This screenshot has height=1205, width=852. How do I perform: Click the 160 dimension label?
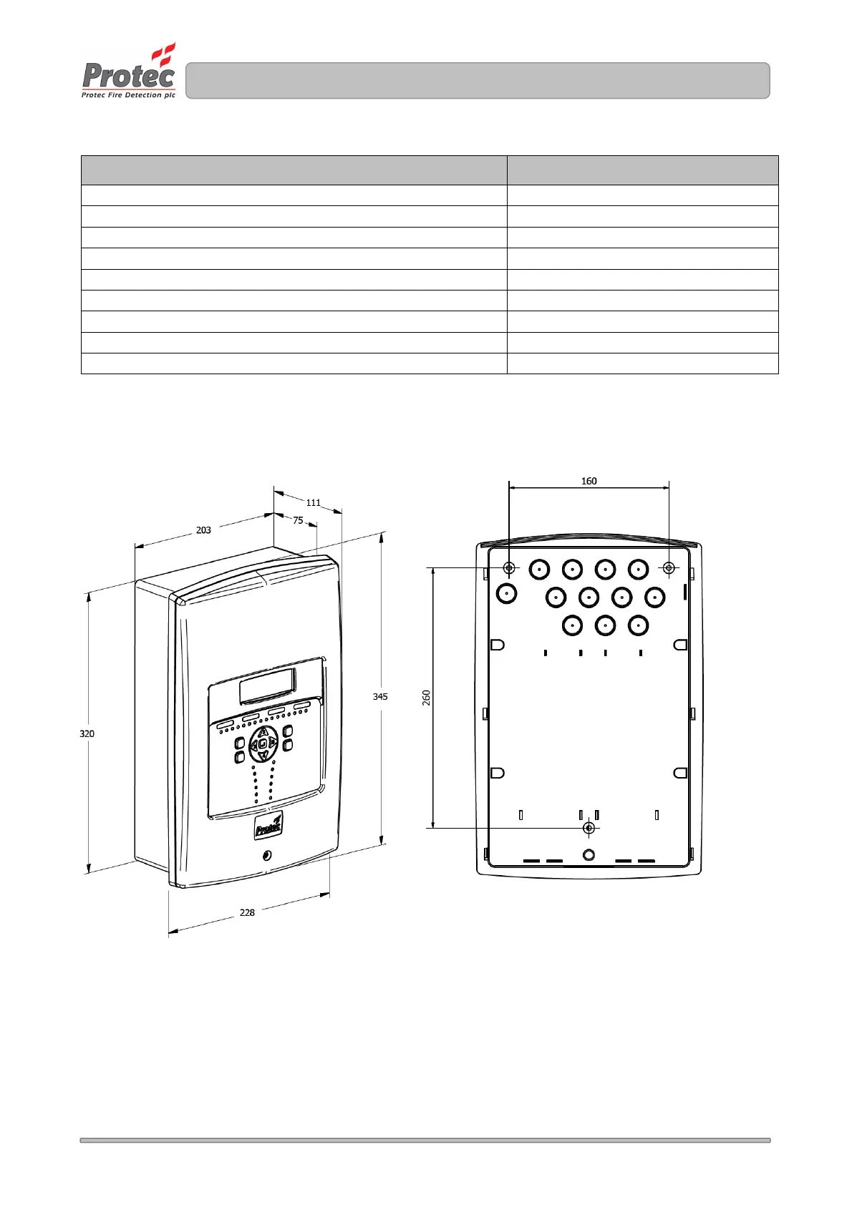coord(589,481)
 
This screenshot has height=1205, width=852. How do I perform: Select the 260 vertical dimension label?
coord(427,698)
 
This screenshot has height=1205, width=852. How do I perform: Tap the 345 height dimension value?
coord(380,696)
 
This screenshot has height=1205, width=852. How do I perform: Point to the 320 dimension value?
coord(87,733)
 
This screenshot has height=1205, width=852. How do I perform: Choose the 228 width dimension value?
coord(247,912)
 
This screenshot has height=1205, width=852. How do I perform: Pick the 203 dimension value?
coord(203,530)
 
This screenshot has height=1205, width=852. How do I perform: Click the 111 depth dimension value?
coord(314,503)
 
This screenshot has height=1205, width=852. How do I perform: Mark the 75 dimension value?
coord(298,520)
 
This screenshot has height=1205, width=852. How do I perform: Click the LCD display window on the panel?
coord(267,686)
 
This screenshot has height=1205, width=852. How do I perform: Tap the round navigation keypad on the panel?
coord(263,744)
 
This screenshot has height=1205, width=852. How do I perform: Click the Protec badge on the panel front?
coord(268,826)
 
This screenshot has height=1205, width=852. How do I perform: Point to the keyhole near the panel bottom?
coord(267,855)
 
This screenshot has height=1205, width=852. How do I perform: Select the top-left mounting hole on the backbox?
coord(508,568)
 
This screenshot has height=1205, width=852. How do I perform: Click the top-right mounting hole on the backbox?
coord(669,568)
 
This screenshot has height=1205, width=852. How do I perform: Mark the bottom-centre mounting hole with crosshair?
coord(589,828)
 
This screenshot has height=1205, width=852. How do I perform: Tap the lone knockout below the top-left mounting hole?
coord(507,593)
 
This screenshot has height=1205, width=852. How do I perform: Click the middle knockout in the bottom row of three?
coord(605,625)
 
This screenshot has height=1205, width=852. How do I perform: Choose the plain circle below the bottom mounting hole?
coord(589,854)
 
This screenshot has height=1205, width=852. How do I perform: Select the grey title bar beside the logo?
coord(478,80)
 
